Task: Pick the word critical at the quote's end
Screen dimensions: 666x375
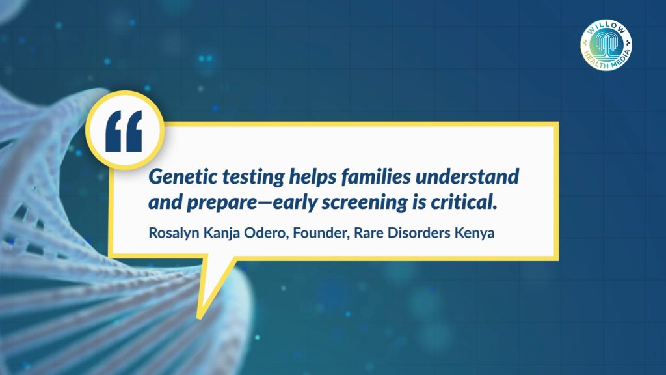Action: pos(464,202)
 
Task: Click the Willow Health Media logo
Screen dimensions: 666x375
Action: pos(606,45)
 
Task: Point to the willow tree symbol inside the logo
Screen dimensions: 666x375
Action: pos(606,45)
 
